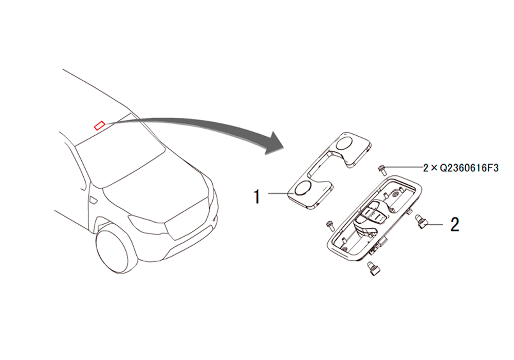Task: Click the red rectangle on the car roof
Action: [x=99, y=125]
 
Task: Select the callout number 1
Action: [x=257, y=196]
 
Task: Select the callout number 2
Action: [x=455, y=225]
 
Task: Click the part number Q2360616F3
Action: [x=469, y=168]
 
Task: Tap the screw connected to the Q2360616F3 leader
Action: [x=381, y=170]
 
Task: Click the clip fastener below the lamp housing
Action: [x=373, y=268]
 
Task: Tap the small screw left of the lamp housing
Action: [x=330, y=226]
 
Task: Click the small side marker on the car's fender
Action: [x=93, y=201]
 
